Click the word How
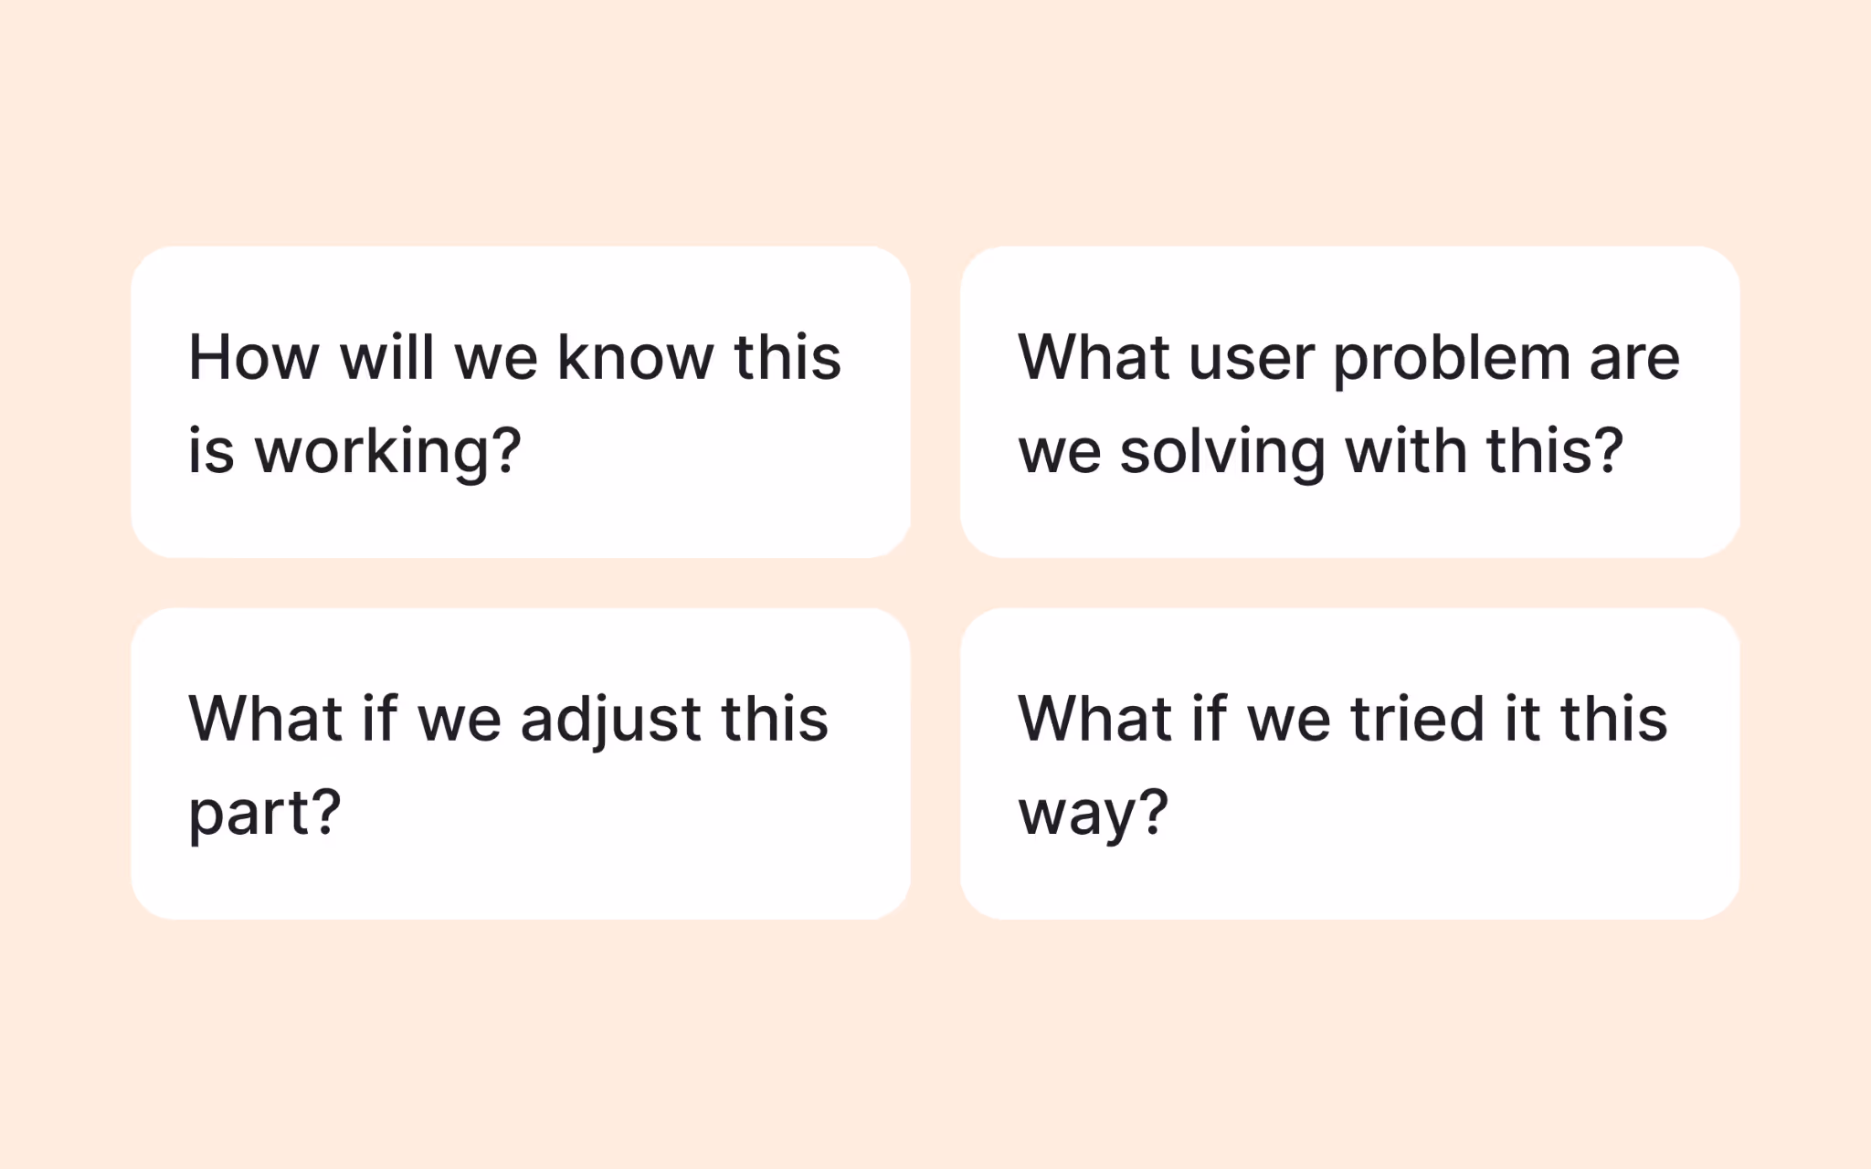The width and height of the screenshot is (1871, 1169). (253, 357)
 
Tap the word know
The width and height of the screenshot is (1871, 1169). (635, 357)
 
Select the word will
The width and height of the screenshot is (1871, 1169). (387, 357)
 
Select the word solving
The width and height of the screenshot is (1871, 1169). (1222, 453)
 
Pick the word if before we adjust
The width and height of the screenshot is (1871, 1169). (380, 719)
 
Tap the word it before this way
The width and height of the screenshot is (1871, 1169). (1522, 719)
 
